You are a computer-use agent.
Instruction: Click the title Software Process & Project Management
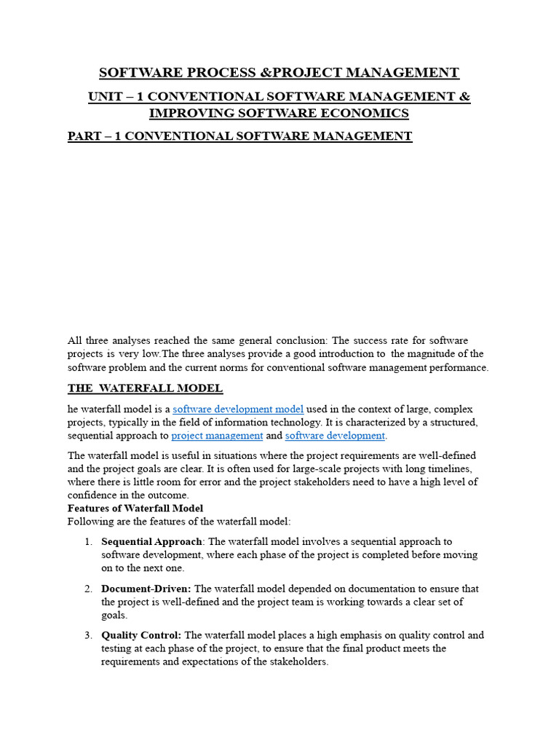(279, 72)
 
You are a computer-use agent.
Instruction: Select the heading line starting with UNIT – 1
(279, 97)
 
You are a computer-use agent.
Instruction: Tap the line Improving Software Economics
(279, 113)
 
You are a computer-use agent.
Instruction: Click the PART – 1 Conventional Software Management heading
(239, 136)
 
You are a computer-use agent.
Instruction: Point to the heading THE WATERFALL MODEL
(145, 388)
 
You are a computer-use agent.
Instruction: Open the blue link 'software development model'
(238, 409)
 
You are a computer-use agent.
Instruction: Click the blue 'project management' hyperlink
(217, 436)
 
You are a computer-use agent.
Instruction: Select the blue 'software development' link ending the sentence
(335, 436)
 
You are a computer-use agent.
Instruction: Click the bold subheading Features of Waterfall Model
(135, 508)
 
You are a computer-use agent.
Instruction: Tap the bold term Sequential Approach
(151, 541)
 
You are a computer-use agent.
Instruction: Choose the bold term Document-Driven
(146, 589)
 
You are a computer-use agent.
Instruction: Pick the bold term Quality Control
(141, 635)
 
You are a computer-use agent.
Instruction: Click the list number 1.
(88, 541)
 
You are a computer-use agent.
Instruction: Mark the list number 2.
(88, 589)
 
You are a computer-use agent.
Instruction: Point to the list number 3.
(88, 635)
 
